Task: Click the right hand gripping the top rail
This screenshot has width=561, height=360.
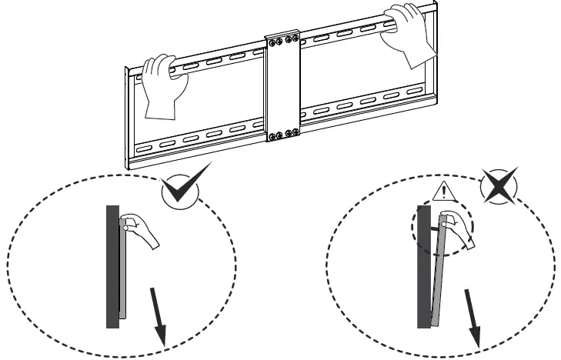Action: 408,35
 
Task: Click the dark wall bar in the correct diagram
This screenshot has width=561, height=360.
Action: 112,265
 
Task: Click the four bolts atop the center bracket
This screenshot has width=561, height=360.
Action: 282,39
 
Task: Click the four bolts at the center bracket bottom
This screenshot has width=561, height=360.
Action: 282,135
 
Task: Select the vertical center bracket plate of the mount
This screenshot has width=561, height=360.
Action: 282,88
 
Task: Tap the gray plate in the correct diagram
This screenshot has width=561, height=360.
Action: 122,265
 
